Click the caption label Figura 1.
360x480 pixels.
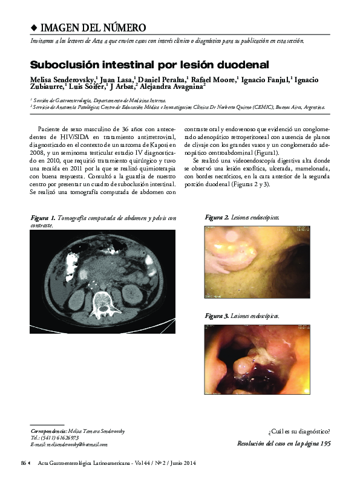[x=43, y=218]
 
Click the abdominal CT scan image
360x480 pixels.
[x=102, y=281]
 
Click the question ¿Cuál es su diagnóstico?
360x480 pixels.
[x=299, y=432]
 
